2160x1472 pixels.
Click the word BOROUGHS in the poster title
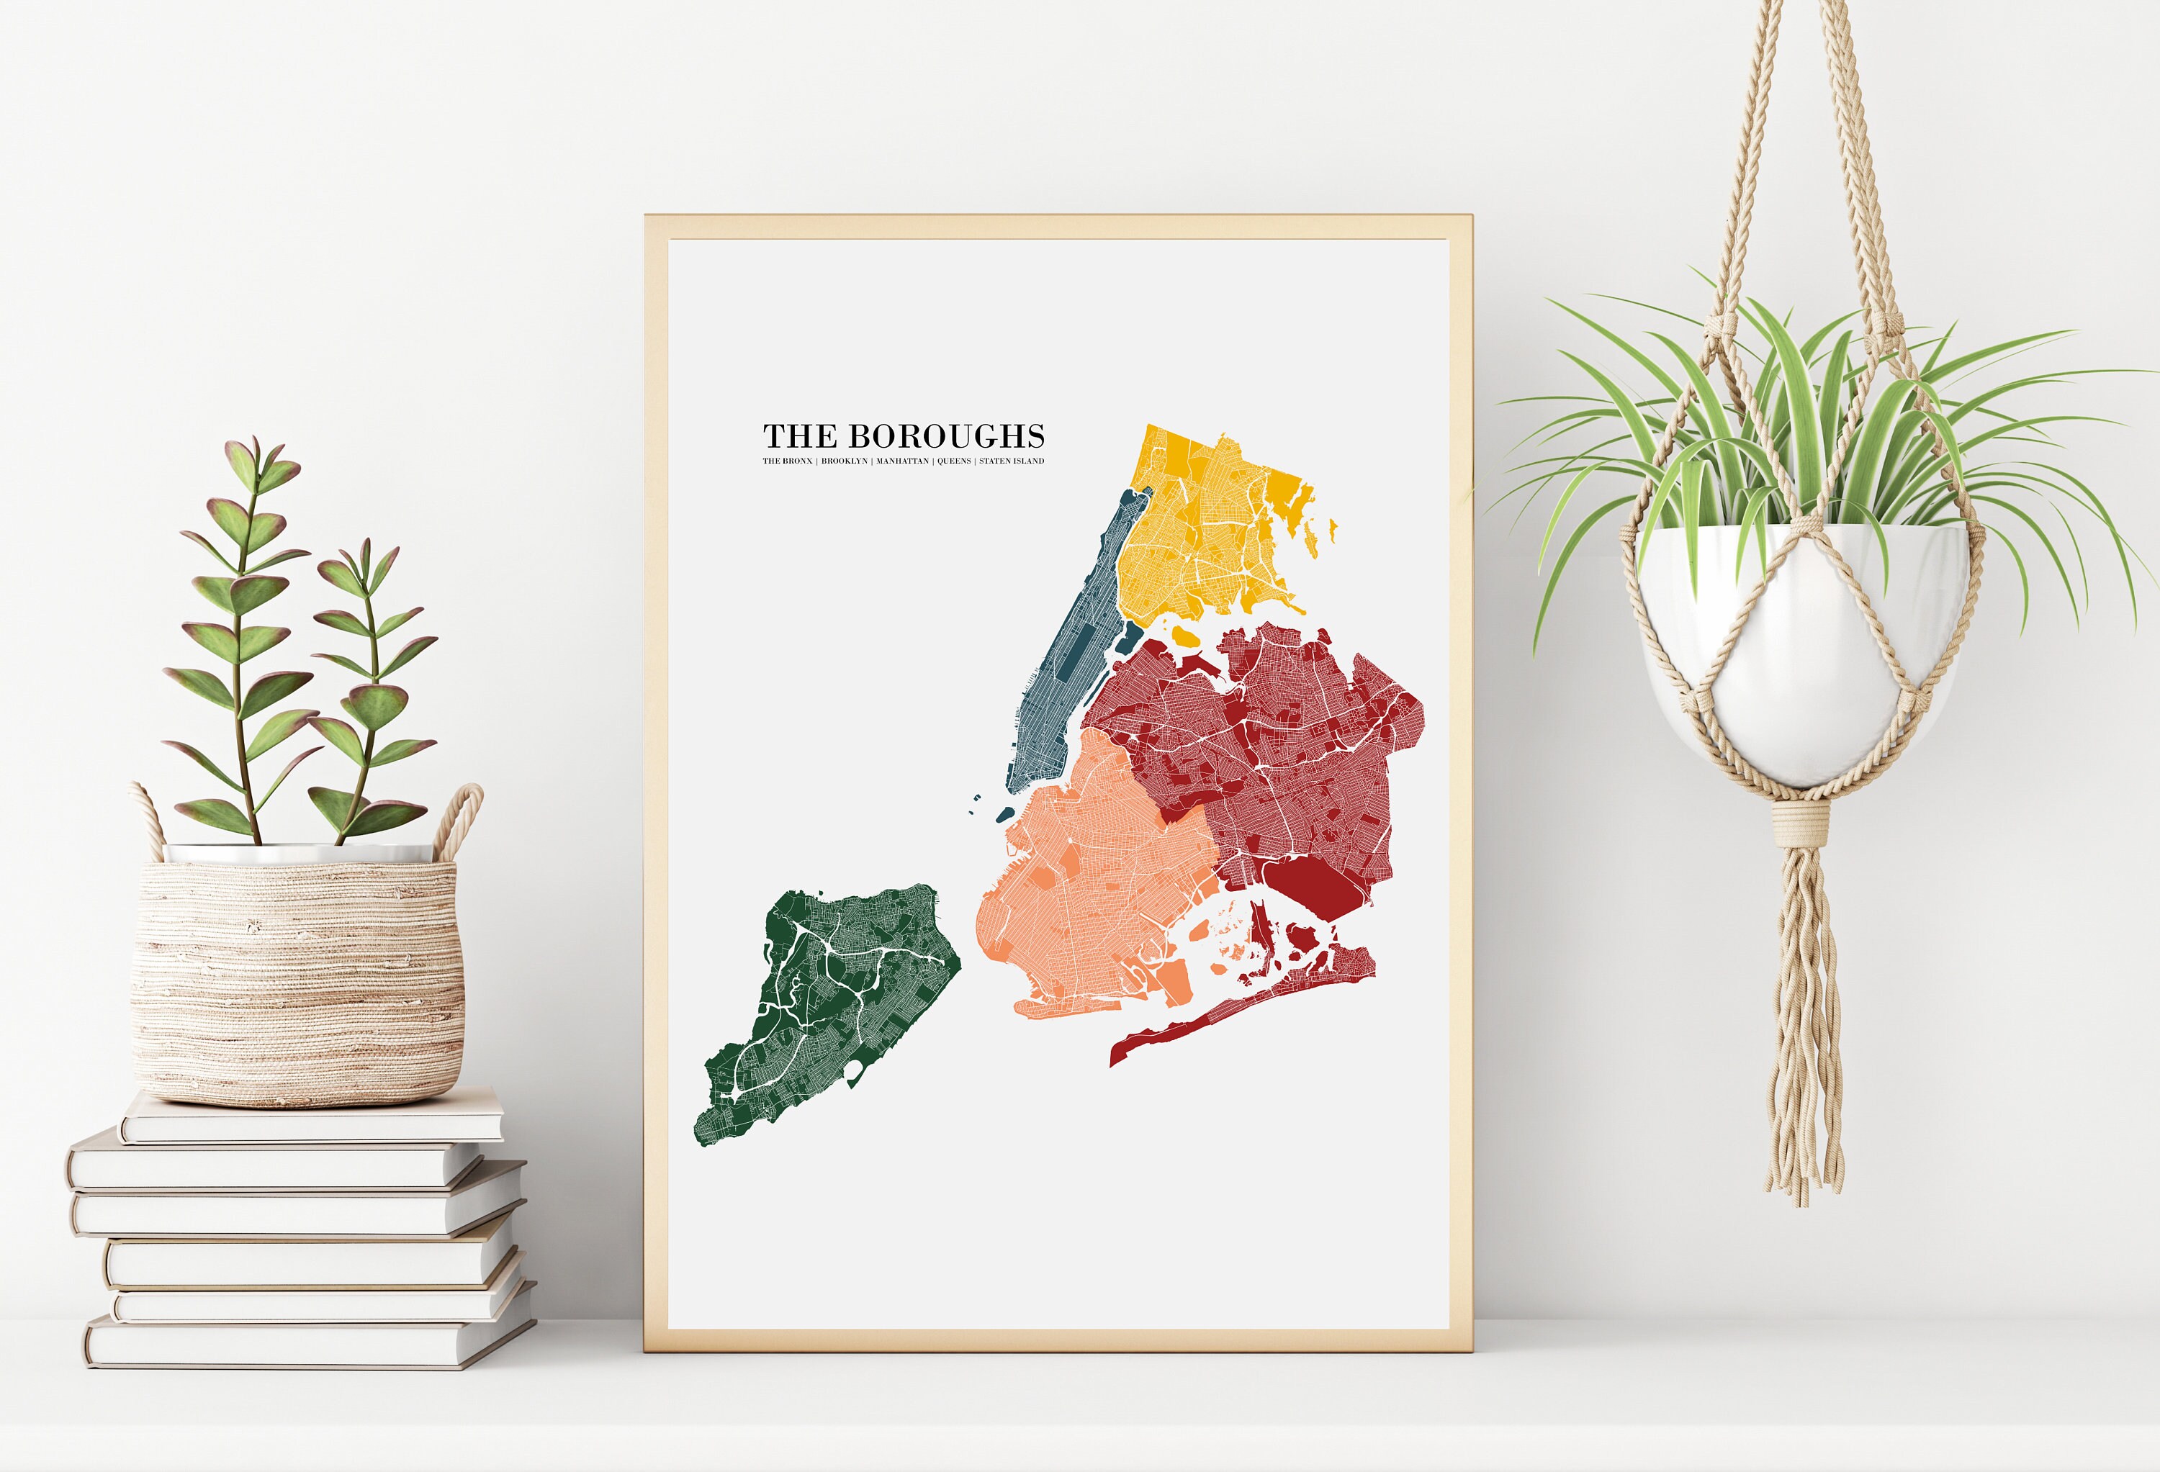946,435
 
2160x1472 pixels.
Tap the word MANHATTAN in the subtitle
901,461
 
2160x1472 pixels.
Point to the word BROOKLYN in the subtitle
844,461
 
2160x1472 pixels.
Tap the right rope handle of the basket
463,818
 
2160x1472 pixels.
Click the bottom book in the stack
307,1343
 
